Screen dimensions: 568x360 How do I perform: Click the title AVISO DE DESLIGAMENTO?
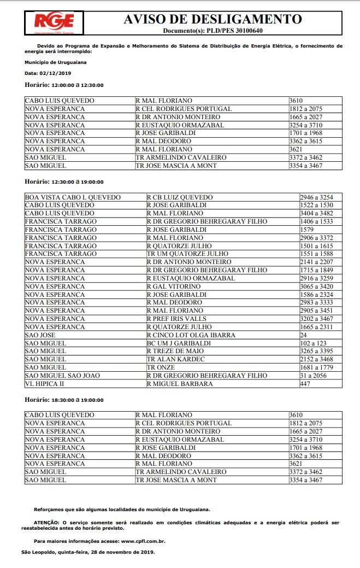click(213, 19)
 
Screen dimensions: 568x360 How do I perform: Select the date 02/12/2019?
click(56, 73)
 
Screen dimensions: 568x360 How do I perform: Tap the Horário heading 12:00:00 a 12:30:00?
click(64, 85)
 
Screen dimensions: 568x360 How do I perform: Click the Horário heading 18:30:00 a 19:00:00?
click(64, 400)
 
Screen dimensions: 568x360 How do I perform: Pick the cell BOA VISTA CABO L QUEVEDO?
click(73, 197)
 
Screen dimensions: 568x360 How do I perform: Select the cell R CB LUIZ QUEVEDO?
click(180, 197)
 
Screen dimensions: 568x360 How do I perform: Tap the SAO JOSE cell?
click(40, 335)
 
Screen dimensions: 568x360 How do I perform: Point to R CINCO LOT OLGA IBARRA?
click(191, 335)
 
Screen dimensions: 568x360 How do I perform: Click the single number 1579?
click(307, 230)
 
